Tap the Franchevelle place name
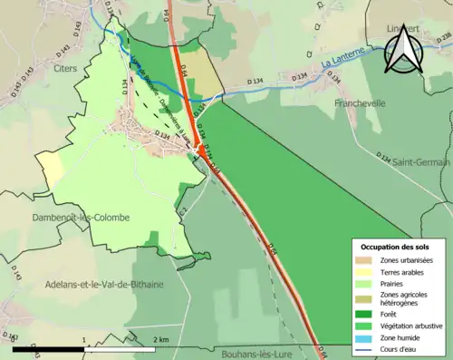pyautogui.click(x=361, y=102)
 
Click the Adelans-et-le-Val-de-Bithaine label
pyautogui.click(x=104, y=284)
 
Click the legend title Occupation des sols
pyautogui.click(x=396, y=247)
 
